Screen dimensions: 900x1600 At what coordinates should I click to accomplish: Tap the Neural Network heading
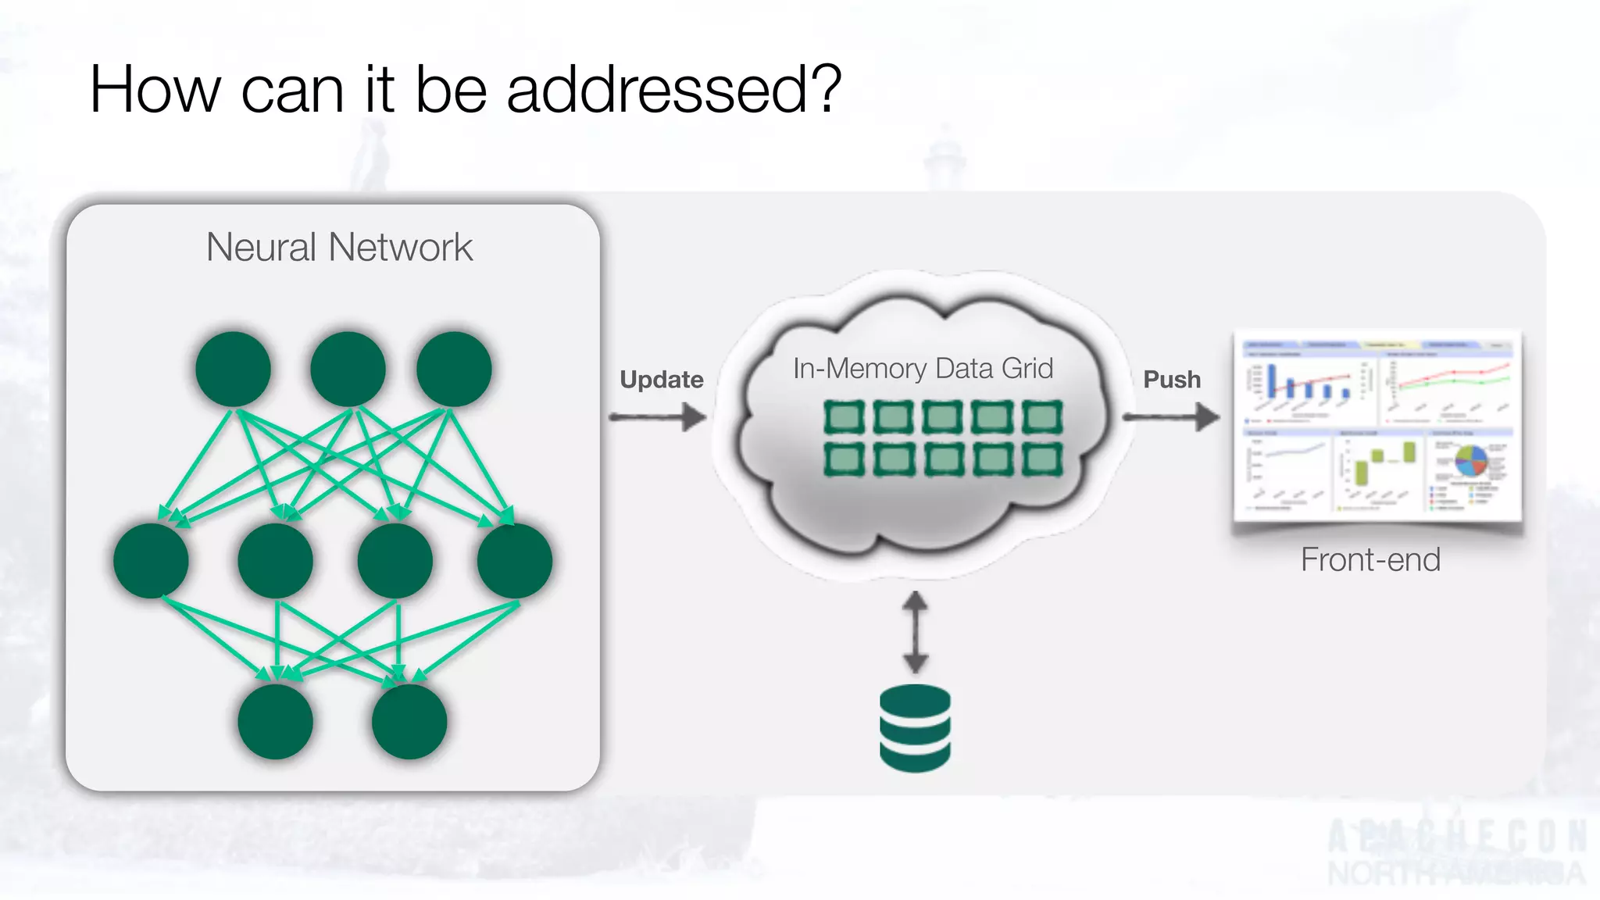point(339,248)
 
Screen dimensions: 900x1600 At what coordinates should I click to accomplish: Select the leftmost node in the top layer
point(233,369)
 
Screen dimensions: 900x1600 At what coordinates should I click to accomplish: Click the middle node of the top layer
point(348,369)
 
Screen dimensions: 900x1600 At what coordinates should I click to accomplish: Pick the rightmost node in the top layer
point(454,369)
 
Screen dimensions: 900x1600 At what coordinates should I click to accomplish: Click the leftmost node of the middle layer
point(151,561)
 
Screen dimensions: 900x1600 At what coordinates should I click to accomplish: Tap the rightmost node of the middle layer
point(515,561)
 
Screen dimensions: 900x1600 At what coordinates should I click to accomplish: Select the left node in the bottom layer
point(275,722)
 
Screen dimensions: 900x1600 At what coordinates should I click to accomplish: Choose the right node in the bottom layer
point(409,722)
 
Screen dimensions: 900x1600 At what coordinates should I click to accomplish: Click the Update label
point(662,380)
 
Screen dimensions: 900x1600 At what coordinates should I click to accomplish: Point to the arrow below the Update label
point(658,417)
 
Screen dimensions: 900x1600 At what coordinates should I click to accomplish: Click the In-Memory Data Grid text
point(923,369)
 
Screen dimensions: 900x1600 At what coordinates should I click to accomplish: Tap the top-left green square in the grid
point(845,417)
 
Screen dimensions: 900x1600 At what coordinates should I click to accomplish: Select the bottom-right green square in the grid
point(1042,459)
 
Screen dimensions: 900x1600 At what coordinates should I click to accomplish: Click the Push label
point(1172,380)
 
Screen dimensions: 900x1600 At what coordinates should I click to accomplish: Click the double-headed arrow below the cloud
point(916,632)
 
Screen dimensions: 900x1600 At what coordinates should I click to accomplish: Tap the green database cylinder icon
point(915,728)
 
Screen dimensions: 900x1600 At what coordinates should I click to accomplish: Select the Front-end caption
point(1370,560)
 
